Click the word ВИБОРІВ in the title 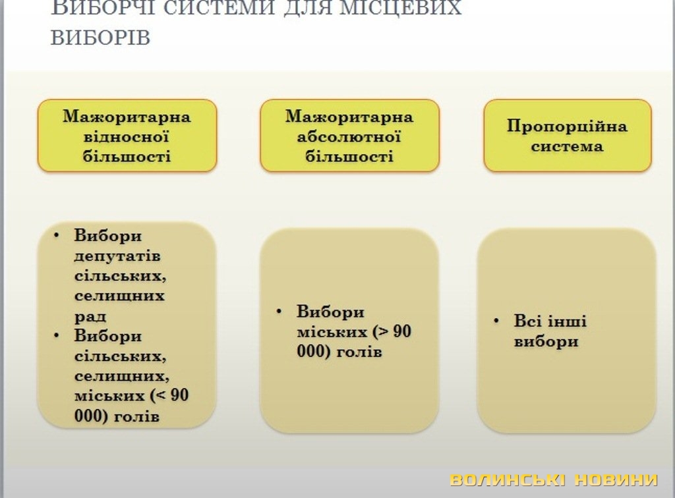(x=100, y=38)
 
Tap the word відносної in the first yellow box (x=126, y=137)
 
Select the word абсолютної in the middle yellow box (x=349, y=137)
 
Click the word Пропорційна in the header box (x=567, y=126)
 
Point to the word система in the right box (x=567, y=146)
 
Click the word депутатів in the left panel (x=117, y=256)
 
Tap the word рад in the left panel (x=90, y=317)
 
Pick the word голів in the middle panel (x=359, y=352)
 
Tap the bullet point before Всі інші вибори (x=496, y=321)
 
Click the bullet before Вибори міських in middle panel (x=279, y=311)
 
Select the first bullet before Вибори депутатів (x=57, y=235)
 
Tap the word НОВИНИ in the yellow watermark (x=617, y=480)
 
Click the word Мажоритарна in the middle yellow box (x=349, y=117)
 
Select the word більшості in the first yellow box (x=127, y=156)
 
